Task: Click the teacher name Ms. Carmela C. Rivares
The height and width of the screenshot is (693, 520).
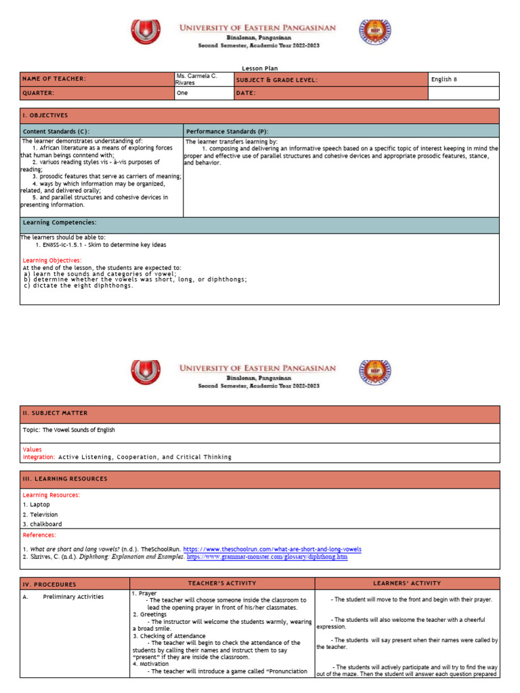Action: (x=196, y=79)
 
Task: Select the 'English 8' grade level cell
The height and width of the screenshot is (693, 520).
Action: (x=444, y=79)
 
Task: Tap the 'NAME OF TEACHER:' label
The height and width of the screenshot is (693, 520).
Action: (x=55, y=79)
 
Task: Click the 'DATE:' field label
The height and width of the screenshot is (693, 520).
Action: (x=246, y=93)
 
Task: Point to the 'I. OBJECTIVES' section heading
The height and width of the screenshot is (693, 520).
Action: (x=45, y=116)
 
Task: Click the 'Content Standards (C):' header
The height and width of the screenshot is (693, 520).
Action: (x=56, y=131)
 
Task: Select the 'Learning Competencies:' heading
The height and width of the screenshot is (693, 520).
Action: (x=60, y=223)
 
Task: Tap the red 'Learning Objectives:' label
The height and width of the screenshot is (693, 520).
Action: (x=52, y=261)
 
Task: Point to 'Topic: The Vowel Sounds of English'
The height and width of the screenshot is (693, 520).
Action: (x=69, y=430)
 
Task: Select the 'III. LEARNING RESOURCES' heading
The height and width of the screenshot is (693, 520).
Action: (x=65, y=479)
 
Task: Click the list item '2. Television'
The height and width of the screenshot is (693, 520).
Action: (x=41, y=514)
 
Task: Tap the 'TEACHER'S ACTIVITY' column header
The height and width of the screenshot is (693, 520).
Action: (x=222, y=583)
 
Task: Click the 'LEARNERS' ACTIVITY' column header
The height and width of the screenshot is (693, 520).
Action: (x=407, y=583)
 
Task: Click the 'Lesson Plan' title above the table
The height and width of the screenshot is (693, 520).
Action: (x=260, y=68)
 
